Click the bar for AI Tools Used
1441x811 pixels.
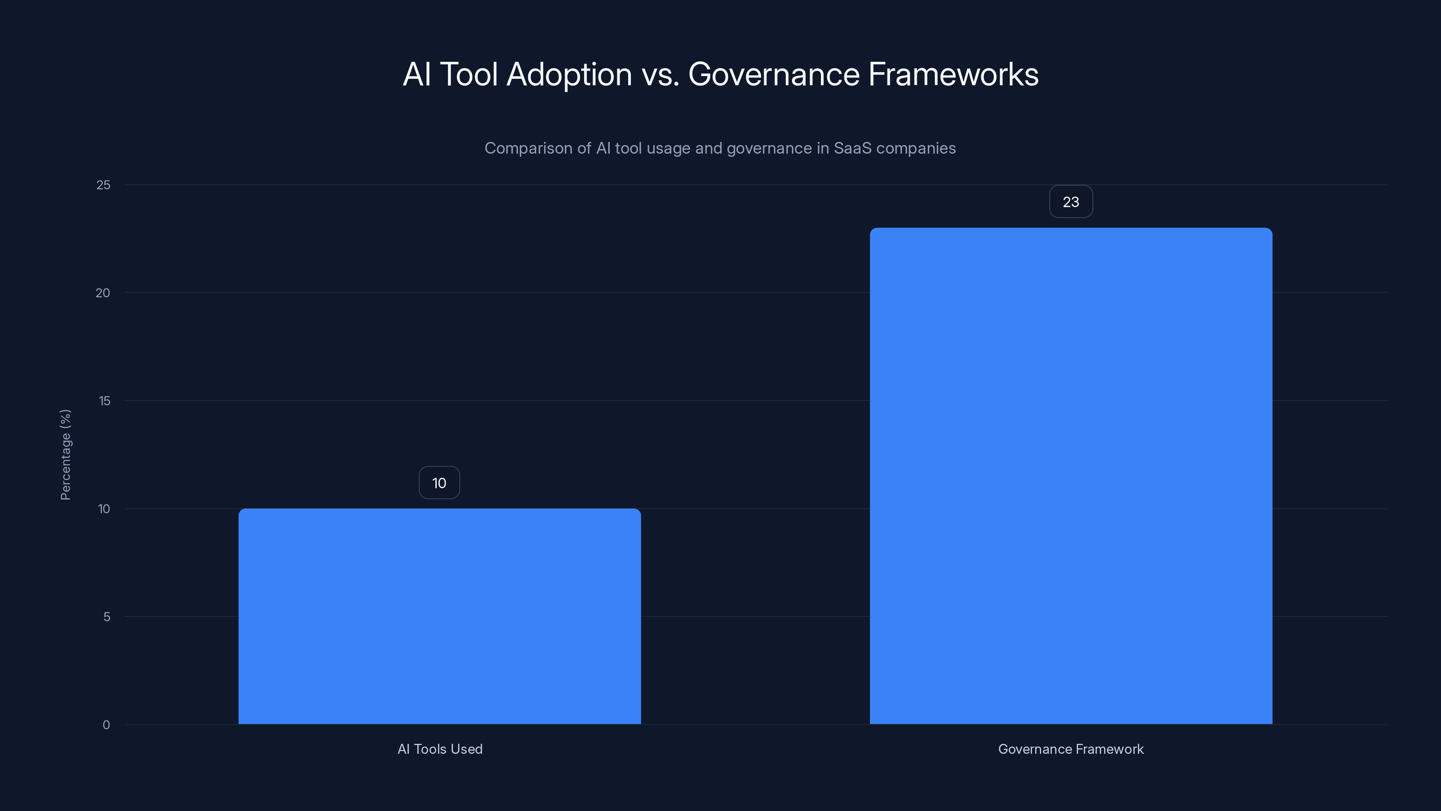440,615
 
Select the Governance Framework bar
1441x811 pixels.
1071,476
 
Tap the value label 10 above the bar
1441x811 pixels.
439,483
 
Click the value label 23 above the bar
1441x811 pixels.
1071,202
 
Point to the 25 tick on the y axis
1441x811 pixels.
104,185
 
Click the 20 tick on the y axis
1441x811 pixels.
103,293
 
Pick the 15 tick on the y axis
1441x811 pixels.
104,401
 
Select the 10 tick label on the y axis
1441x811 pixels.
104,509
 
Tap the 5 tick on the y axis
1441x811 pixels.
106,617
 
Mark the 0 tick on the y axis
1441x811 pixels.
106,725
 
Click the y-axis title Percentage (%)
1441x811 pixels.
65,455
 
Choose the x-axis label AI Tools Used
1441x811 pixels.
440,749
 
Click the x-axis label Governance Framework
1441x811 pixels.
1071,749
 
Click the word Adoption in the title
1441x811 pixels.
569,74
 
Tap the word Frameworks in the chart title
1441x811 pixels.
953,74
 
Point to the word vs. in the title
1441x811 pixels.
660,74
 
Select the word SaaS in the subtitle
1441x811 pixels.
852,148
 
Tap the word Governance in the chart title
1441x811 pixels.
774,74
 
